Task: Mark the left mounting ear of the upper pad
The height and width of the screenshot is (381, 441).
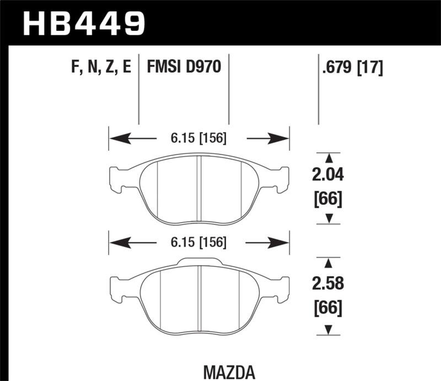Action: tap(118, 179)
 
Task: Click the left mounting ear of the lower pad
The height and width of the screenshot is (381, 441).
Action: tap(119, 287)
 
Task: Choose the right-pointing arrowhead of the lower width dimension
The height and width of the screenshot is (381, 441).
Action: tap(281, 242)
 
